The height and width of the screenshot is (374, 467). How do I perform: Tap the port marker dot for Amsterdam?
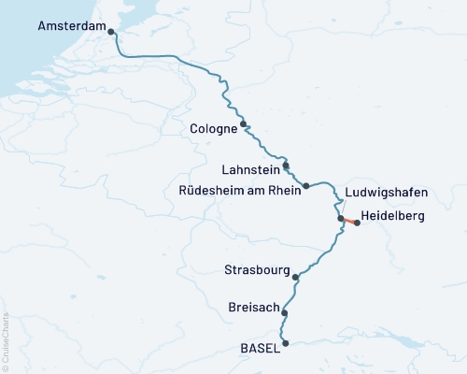coord(112,32)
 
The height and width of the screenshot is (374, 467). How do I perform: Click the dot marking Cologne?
coord(244,123)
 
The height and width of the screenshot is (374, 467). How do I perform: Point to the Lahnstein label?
coord(249,170)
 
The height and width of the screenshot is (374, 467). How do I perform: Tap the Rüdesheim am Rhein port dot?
coord(305,186)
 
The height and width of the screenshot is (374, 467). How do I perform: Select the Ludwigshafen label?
coord(386,193)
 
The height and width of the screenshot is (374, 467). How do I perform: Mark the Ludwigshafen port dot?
coord(341,219)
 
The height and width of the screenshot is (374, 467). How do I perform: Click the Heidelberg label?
coord(392,216)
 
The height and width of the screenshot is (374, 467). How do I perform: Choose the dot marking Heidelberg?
coord(357,223)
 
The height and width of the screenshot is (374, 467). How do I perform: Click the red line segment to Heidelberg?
coord(349,221)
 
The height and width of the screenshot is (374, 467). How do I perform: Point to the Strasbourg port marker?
coord(296,277)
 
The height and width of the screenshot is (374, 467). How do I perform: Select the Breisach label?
coord(253,307)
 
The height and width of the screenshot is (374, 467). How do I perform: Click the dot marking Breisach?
coord(285,314)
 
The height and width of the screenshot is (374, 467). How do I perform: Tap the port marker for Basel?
coord(286,343)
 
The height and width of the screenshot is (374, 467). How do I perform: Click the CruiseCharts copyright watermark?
coord(6,337)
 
